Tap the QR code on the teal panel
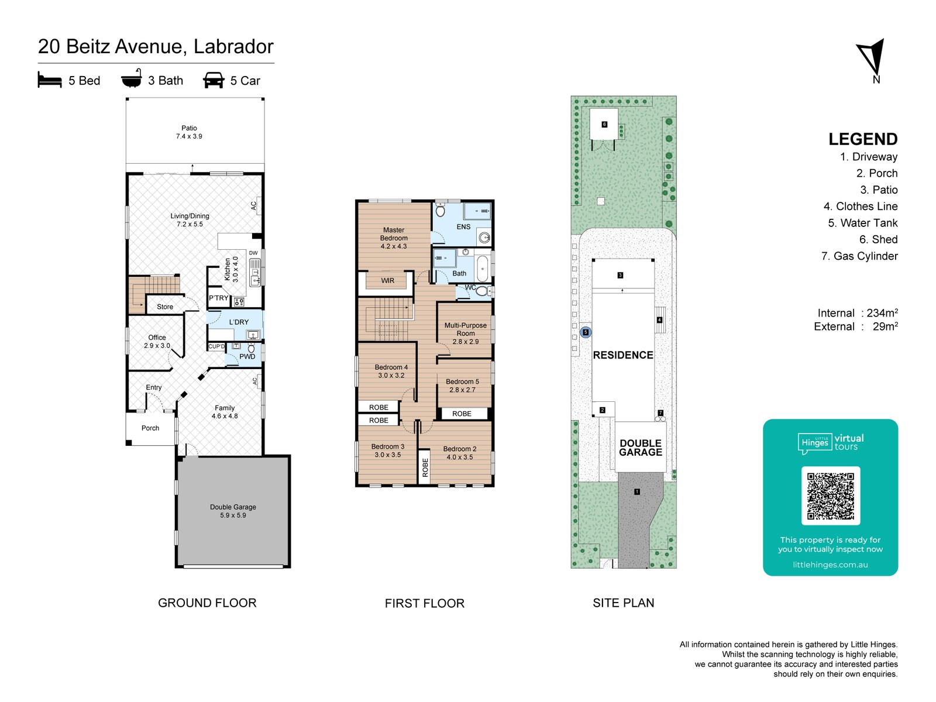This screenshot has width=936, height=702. [x=830, y=496]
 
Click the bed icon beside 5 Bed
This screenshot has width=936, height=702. [x=50, y=80]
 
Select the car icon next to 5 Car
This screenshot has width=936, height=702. [x=214, y=80]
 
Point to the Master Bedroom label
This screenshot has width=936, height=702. [x=394, y=238]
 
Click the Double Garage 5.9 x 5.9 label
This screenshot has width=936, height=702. [x=233, y=511]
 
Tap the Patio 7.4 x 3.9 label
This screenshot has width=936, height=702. [x=189, y=132]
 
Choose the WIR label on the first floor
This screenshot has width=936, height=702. [x=387, y=281]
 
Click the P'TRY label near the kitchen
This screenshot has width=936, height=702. [x=219, y=298]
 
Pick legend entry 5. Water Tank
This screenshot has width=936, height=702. [x=862, y=223]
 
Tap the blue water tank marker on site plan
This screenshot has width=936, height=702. [x=586, y=332]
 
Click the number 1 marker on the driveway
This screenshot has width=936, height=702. [x=637, y=492]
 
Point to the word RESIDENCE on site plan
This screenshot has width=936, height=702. [x=622, y=355]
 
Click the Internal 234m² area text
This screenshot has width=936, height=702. [x=858, y=313]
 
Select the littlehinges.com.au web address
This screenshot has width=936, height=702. [x=830, y=565]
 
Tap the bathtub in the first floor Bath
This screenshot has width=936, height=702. [x=482, y=269]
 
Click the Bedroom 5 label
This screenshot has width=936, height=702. [x=462, y=386]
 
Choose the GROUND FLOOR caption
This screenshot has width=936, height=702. [x=207, y=603]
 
